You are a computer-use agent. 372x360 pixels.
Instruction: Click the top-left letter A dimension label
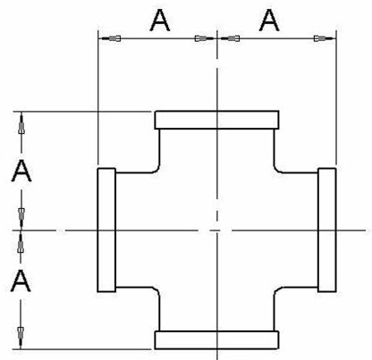pos(160,21)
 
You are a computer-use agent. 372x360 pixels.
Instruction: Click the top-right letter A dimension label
pos(269,20)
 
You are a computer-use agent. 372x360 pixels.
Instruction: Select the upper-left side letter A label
pos(21,171)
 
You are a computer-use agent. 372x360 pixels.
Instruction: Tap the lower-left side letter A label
pos(21,280)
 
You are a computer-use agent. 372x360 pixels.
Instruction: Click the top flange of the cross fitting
pos(216,120)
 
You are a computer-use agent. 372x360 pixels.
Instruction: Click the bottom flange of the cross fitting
pos(216,339)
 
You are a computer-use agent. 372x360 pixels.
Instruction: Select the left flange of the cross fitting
pos(106,230)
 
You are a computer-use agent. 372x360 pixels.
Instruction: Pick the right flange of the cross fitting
pos(327,230)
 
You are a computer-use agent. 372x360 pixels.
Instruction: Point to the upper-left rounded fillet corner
pos(157,170)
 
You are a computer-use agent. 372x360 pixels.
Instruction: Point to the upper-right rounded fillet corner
pos(276,170)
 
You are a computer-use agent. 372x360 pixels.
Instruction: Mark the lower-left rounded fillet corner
pos(157,289)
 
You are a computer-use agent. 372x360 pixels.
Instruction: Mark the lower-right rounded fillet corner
pos(276,289)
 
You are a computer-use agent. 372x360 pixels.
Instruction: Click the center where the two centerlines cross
pos(217,230)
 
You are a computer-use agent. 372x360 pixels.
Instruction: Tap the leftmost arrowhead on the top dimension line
pos(111,38)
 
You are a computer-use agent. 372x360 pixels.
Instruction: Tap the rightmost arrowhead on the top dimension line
pos(324,38)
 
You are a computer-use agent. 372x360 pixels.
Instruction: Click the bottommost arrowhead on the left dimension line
pos(21,337)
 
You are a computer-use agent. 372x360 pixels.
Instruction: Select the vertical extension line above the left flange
pos(98,97)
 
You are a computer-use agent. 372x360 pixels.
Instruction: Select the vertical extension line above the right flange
pos(336,97)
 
